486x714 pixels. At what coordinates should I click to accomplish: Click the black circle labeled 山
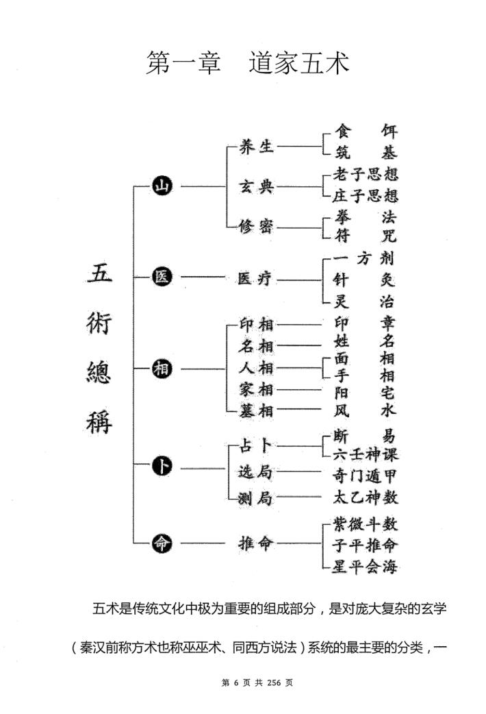coord(163,186)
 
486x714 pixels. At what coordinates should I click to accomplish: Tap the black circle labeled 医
coord(163,278)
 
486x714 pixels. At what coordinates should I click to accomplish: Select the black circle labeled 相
coord(163,369)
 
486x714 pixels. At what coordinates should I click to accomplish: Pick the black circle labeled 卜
coord(163,467)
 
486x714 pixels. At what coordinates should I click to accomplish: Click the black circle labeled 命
coord(163,543)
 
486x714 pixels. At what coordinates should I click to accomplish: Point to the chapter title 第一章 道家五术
coord(247,64)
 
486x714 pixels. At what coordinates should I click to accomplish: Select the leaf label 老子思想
coord(365,175)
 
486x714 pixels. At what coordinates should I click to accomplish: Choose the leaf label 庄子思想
coord(365,195)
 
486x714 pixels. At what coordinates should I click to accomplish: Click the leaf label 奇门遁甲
coord(365,473)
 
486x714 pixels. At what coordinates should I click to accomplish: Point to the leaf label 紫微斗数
coord(365,524)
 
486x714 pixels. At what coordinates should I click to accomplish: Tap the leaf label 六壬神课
coord(365,454)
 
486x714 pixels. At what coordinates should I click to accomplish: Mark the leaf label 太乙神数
coord(365,497)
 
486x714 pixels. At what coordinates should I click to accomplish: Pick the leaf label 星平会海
coord(365,566)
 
